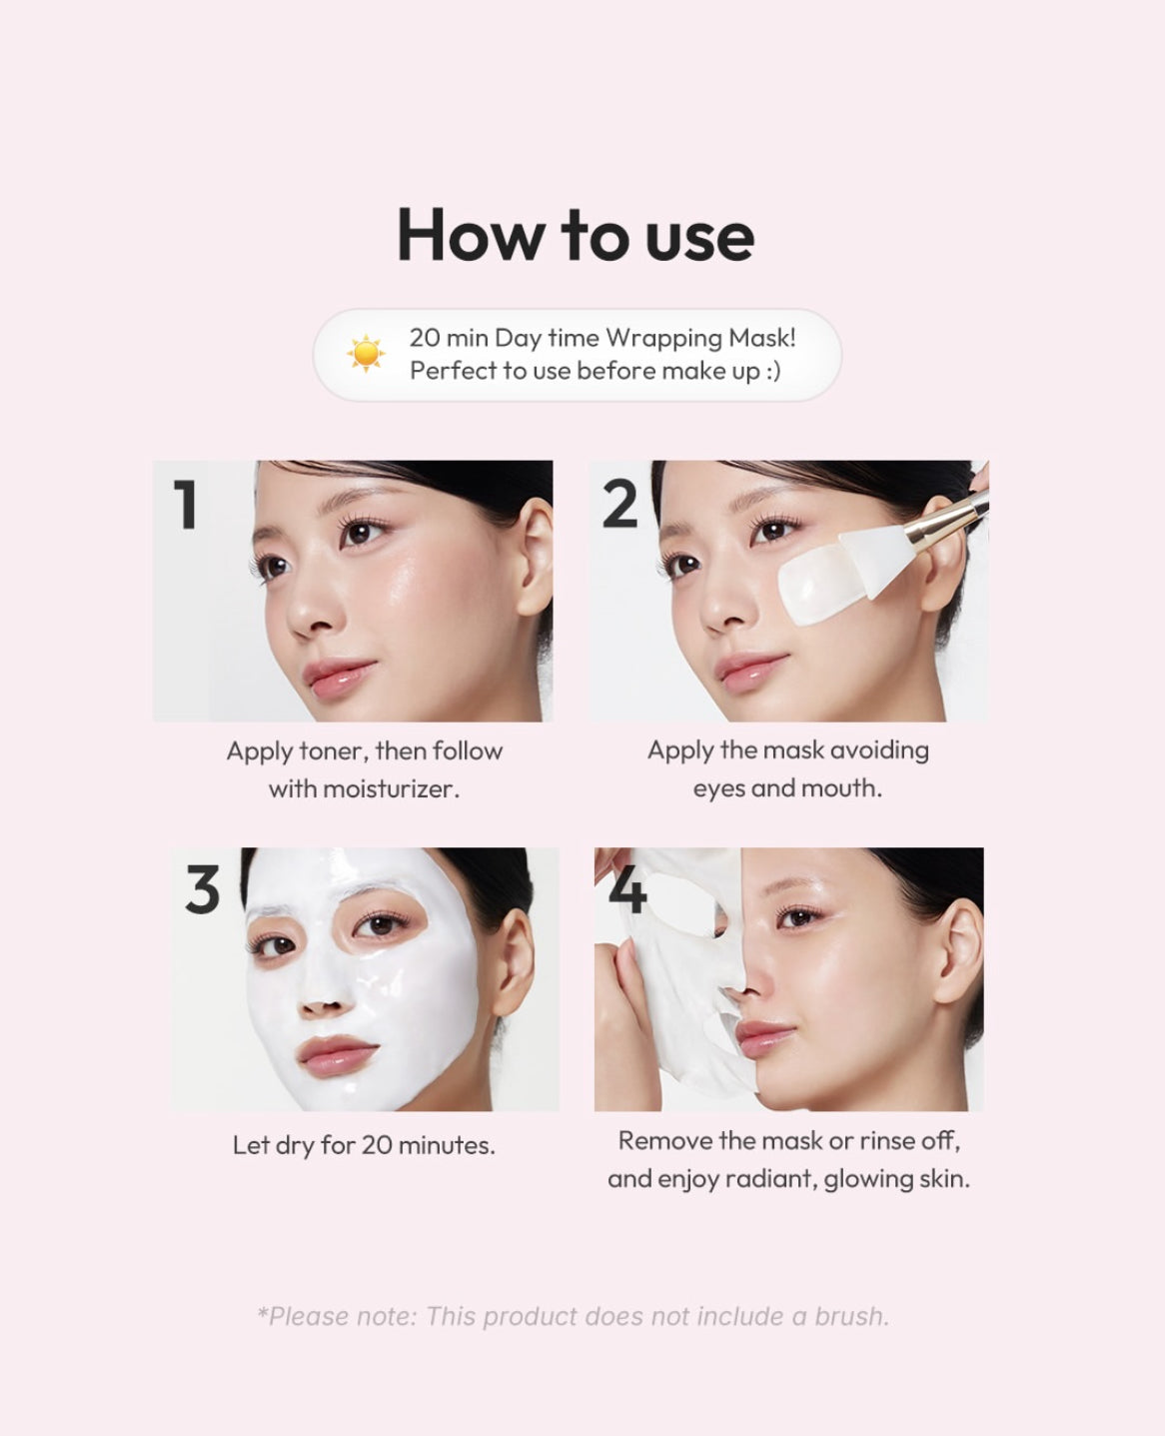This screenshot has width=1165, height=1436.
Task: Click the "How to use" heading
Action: [576, 236]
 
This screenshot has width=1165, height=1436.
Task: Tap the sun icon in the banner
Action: [365, 354]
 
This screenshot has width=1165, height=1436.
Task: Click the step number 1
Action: [185, 505]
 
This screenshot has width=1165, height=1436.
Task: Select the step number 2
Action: [619, 505]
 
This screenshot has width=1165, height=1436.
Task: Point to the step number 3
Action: [202, 889]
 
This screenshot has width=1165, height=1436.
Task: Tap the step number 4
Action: [627, 889]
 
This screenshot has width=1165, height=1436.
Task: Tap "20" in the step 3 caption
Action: [377, 1145]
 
